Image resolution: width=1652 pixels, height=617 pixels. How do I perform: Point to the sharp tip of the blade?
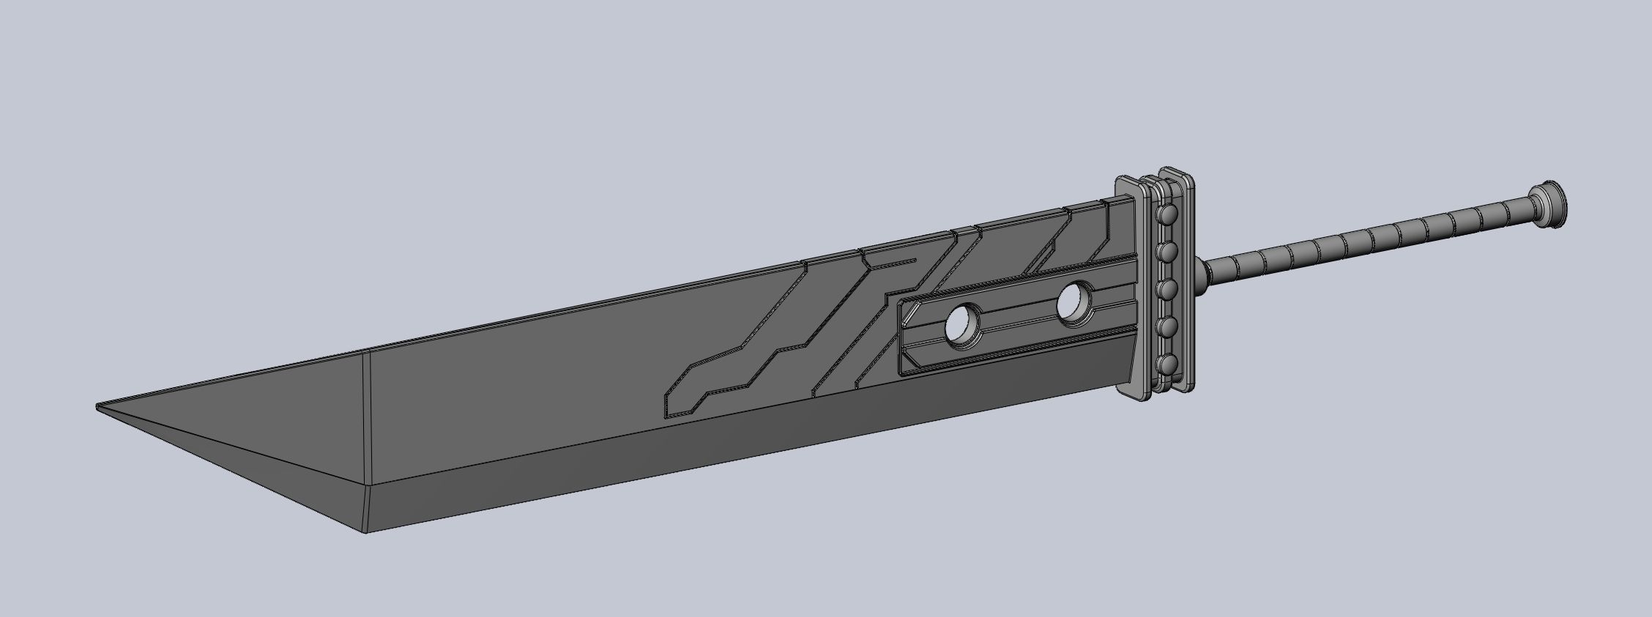tap(98, 405)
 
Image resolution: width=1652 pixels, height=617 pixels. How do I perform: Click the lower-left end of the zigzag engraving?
tap(668, 410)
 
